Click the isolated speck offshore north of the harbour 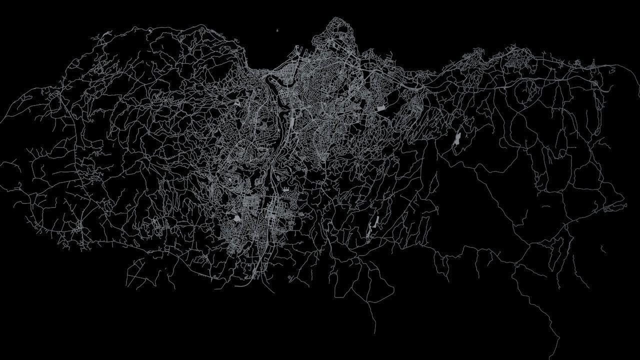click(x=276, y=31)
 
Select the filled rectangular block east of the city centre click(x=381, y=107)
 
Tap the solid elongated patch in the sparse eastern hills click(x=457, y=139)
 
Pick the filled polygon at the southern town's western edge click(x=237, y=217)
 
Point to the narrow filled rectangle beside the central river click(x=291, y=120)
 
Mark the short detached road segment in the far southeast click(x=603, y=248)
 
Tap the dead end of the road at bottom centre click(x=374, y=332)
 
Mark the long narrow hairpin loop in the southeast click(x=570, y=250)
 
